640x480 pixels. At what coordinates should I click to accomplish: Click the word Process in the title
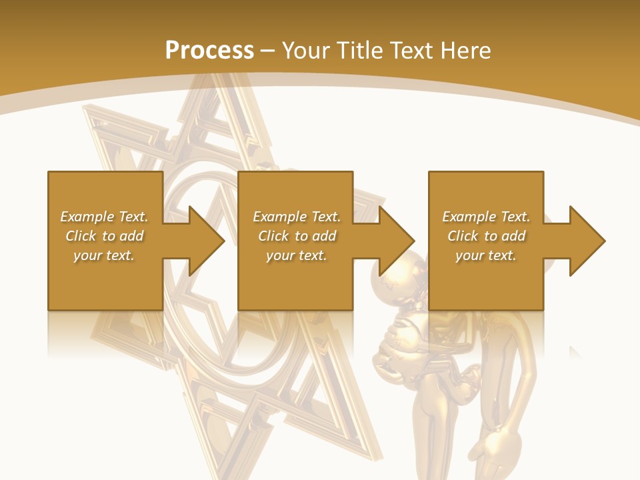(x=209, y=51)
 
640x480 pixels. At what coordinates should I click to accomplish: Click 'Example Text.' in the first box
(x=104, y=217)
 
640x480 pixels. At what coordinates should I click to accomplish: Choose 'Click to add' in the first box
(x=104, y=236)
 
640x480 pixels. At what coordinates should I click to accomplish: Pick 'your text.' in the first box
(x=104, y=255)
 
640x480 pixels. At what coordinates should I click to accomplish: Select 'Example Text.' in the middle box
(x=297, y=217)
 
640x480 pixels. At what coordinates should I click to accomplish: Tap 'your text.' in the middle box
(x=297, y=255)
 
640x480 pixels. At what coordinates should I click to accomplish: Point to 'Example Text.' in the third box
(x=486, y=217)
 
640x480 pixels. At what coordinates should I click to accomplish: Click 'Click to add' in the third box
(x=486, y=236)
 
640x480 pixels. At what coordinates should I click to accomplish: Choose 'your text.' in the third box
(x=486, y=255)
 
